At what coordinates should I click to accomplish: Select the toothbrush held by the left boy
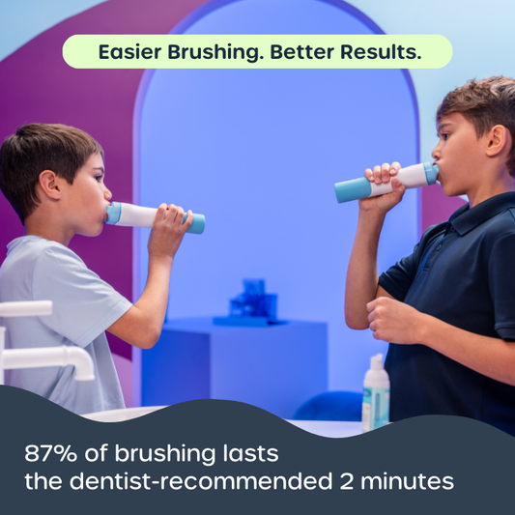pos(155,217)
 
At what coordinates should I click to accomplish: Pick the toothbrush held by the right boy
pos(386,182)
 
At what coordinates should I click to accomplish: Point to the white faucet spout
pos(48,358)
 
